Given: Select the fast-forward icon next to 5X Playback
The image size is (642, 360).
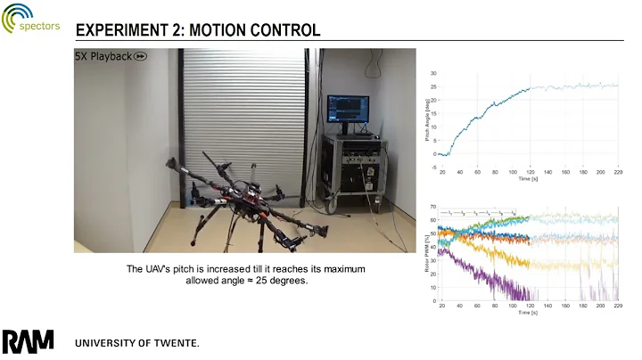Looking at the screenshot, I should [141, 57].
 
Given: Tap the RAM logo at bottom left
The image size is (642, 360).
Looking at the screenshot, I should [28, 341].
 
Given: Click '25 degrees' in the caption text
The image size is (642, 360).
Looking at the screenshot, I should [281, 281].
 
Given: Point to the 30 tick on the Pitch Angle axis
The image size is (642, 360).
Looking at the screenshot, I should [432, 73].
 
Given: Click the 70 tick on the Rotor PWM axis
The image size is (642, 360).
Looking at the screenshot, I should [432, 208].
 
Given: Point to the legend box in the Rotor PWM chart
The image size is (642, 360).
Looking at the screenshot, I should [481, 214].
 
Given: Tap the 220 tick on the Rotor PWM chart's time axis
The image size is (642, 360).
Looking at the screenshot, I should [616, 306].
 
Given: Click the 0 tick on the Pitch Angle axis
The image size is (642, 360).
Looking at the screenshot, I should [433, 153].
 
